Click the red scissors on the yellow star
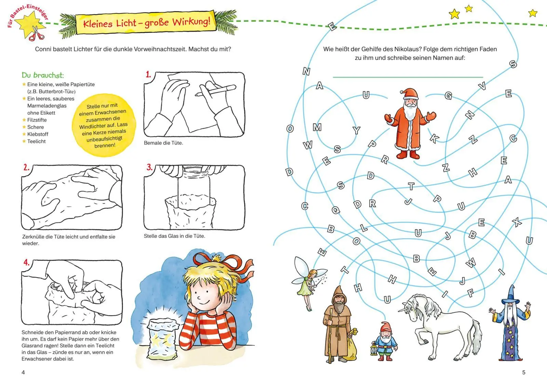37,34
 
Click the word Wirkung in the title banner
191,21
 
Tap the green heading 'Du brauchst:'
43,75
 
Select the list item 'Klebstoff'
38,134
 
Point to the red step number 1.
148,74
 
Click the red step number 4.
26,262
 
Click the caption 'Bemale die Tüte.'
163,143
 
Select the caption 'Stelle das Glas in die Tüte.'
174,236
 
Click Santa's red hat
409,93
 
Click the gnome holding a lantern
384,341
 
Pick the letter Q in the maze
336,210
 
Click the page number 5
523,372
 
